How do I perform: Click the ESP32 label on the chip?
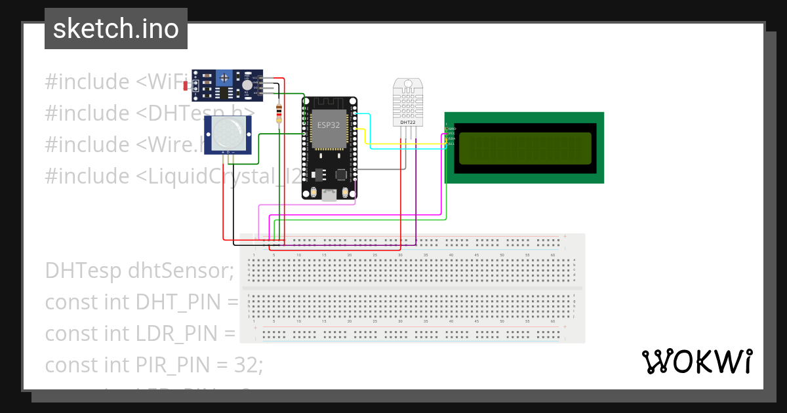coord(329,125)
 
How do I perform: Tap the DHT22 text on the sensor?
coord(407,122)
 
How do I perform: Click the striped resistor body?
coord(280,113)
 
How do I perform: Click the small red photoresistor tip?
coord(186,86)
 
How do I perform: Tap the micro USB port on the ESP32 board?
coord(329,194)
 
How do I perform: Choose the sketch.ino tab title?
coord(116,29)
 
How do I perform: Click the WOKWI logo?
coord(696,362)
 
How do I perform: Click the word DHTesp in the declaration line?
coord(83,270)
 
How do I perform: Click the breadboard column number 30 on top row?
coord(400,254)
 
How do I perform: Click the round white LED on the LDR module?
coord(247,85)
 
